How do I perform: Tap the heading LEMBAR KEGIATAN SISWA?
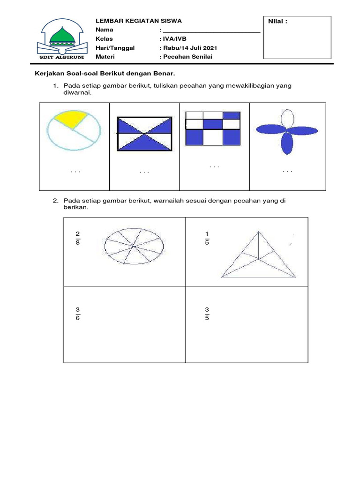click(x=138, y=21)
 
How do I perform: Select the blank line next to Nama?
click(x=211, y=30)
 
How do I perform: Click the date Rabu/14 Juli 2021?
click(x=190, y=48)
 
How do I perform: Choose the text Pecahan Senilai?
click(x=186, y=57)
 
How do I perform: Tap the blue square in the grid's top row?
click(x=231, y=115)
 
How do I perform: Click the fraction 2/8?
click(x=77, y=238)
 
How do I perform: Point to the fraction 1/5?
click(x=207, y=238)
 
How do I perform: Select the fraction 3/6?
click(x=77, y=314)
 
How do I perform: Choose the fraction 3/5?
click(x=207, y=314)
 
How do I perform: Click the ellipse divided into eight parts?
click(x=134, y=245)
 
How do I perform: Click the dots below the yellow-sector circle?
click(x=75, y=172)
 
